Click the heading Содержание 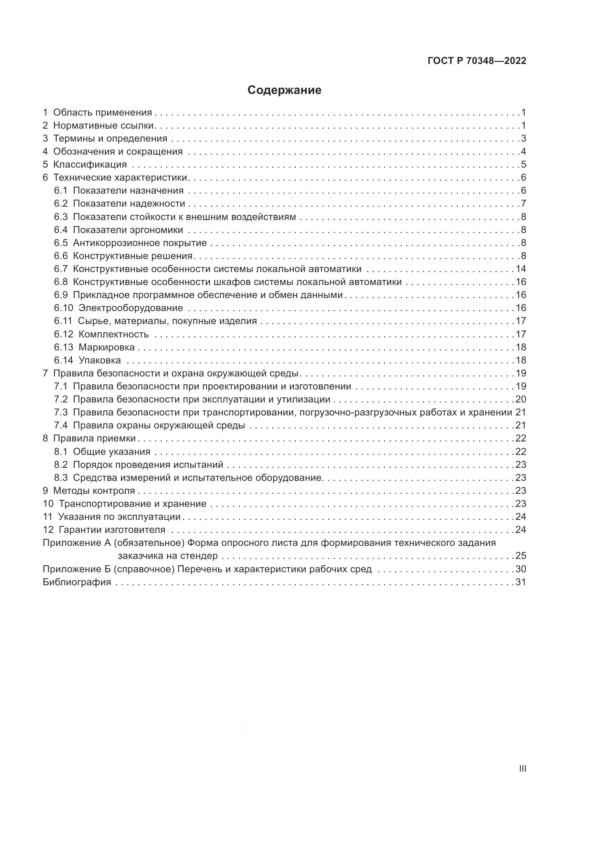284,90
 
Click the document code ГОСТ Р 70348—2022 477,61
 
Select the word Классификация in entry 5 90,164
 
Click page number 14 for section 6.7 521,269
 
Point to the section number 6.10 63,308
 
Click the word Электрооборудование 131,308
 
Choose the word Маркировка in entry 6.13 106,348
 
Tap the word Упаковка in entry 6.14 99,360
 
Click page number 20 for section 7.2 521,399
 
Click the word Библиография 77,582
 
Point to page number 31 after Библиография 521,582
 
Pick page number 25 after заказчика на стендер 521,556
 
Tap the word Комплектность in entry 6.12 114,334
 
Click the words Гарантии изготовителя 112,530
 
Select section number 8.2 61,465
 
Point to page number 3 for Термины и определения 523,139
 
